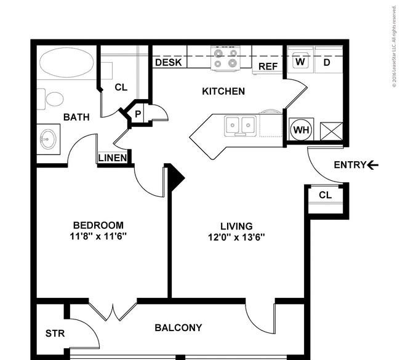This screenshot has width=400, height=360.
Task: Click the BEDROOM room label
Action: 98,225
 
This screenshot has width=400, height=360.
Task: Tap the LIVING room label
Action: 236,226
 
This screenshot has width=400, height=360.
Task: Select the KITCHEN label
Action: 223,91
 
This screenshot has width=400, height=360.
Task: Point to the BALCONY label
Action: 178,327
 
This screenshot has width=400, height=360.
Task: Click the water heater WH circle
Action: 302,130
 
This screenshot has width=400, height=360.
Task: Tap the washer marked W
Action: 300,62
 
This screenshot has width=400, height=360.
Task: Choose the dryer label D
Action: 327,62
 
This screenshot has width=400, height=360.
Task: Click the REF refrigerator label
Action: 268,66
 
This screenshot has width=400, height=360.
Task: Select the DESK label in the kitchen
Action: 169,62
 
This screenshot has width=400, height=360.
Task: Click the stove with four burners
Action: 225,58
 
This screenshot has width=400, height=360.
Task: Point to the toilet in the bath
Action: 50,99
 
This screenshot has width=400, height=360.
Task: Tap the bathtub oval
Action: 66,63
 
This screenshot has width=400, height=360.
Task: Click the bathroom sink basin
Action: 48,139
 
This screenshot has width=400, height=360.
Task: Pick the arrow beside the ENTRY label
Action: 373,166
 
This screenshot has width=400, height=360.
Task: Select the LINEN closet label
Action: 113,158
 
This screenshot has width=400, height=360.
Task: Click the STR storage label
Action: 55,334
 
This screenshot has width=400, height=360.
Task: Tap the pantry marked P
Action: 138,114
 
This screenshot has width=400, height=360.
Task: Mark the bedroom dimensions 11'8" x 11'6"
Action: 98,236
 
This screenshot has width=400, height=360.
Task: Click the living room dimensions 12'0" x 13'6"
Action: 236,238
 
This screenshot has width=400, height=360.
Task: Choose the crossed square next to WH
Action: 331,131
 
